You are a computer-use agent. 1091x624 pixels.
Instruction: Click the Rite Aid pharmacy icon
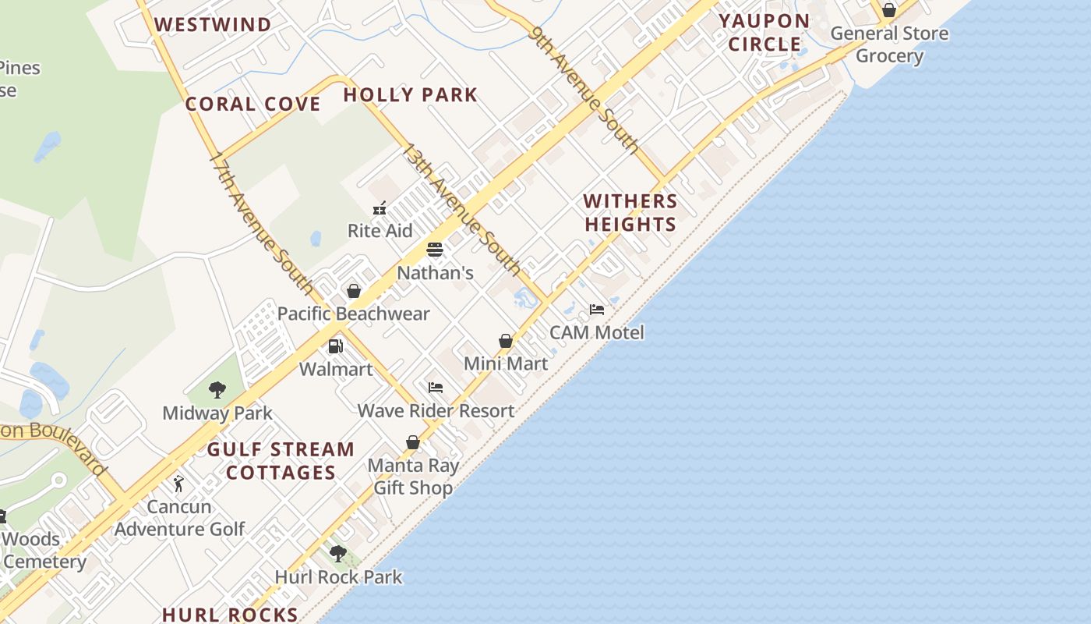[380, 208]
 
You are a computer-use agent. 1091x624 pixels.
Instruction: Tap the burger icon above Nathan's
[435, 250]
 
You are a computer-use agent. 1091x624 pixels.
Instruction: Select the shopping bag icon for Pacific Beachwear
[354, 291]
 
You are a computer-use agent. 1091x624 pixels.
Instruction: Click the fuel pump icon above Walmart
[336, 346]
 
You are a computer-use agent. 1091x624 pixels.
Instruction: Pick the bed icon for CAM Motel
[597, 310]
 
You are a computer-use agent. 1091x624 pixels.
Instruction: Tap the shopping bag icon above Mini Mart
[506, 341]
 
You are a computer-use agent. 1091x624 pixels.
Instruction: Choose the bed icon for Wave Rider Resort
[436, 388]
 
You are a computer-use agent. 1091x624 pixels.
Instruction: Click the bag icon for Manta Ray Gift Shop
[413, 442]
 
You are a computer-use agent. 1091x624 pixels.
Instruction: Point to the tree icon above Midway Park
[217, 389]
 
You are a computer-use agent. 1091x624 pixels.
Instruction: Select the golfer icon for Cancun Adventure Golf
[179, 484]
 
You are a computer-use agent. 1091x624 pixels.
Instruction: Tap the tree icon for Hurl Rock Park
[338, 554]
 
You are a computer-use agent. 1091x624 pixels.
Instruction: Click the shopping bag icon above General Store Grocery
[888, 11]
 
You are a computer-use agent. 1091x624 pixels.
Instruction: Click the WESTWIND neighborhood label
[213, 25]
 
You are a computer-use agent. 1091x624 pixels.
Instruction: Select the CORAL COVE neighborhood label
[252, 105]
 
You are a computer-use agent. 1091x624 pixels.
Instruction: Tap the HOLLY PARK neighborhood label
[410, 95]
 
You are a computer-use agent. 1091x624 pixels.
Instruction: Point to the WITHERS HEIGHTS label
[630, 212]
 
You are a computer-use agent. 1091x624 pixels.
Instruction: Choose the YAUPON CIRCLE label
[764, 33]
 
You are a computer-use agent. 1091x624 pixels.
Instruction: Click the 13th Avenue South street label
[460, 209]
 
